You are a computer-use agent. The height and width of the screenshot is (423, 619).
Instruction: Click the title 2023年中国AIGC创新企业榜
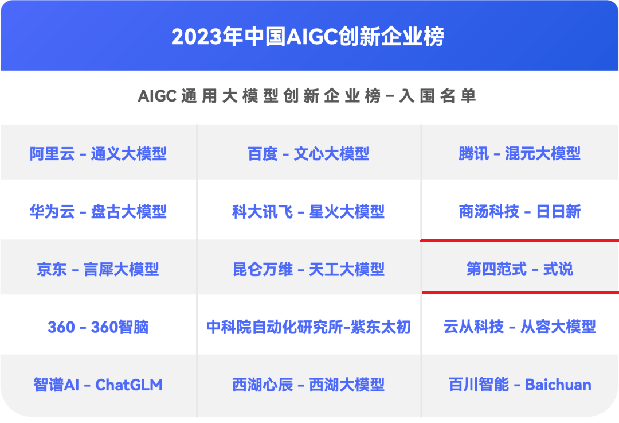click(308, 36)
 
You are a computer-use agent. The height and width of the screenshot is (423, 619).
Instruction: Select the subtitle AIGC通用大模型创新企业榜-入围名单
click(307, 96)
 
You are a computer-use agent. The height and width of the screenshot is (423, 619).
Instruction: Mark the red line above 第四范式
click(520, 240)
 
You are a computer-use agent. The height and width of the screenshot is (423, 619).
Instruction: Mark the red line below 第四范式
click(520, 293)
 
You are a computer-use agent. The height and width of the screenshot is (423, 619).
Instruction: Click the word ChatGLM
click(129, 385)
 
